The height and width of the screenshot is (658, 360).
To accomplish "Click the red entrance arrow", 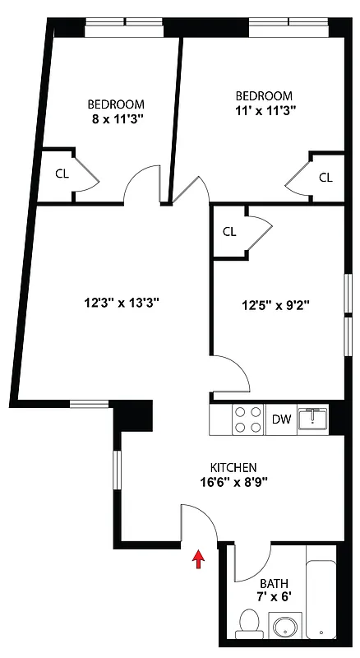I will click(197, 559).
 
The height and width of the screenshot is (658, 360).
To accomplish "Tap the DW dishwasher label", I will click(282, 420).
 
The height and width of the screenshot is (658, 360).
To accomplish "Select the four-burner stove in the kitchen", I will click(248, 420).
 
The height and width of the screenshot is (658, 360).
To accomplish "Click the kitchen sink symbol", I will click(313, 419).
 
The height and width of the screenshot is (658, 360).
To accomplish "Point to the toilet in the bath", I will click(247, 623).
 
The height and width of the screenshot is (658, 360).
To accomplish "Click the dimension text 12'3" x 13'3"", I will click(122, 303).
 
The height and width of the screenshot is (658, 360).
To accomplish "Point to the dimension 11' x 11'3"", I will click(263, 109).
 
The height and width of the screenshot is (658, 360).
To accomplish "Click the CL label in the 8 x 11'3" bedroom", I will click(62, 174).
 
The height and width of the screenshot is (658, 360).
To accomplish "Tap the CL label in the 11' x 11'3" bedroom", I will click(325, 178).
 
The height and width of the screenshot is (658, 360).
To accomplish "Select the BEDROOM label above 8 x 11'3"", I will click(117, 104).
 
